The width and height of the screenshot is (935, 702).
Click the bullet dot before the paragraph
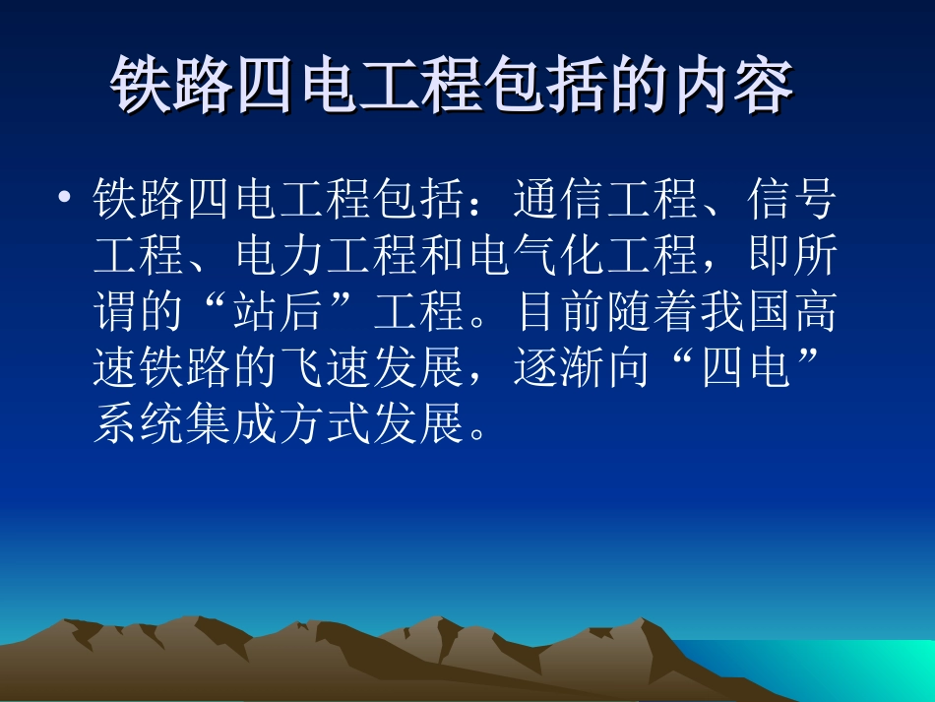65,201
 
